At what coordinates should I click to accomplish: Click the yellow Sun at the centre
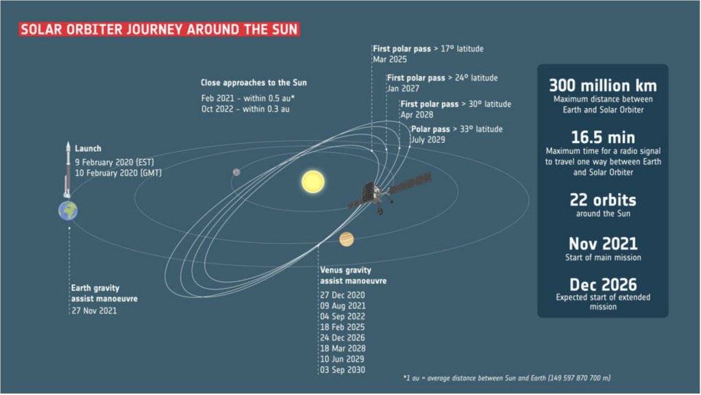[x=313, y=181]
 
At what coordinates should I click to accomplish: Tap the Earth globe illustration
[x=68, y=210]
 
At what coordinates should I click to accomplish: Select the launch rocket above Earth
[x=68, y=170]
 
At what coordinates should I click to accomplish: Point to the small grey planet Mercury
[x=236, y=172]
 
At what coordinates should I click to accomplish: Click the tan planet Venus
[x=347, y=239]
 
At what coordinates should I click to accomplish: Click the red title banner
[x=159, y=29]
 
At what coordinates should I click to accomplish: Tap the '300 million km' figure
[x=602, y=86]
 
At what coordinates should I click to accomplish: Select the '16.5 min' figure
[x=602, y=137]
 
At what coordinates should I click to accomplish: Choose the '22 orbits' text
[x=602, y=200]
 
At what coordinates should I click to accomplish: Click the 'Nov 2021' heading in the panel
[x=602, y=244]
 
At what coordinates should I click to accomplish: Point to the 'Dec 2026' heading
[x=602, y=285]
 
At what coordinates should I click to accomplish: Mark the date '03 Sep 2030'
[x=343, y=370]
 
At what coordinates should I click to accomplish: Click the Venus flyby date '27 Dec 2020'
[x=343, y=295]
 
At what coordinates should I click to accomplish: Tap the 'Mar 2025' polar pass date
[x=390, y=60]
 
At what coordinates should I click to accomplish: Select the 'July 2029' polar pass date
[x=428, y=140]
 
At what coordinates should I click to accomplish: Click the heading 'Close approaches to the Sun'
[x=254, y=83]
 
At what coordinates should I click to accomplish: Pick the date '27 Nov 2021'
[x=94, y=311]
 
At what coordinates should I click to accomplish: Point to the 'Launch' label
[x=88, y=149]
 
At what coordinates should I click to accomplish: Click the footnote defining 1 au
[x=506, y=378]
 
